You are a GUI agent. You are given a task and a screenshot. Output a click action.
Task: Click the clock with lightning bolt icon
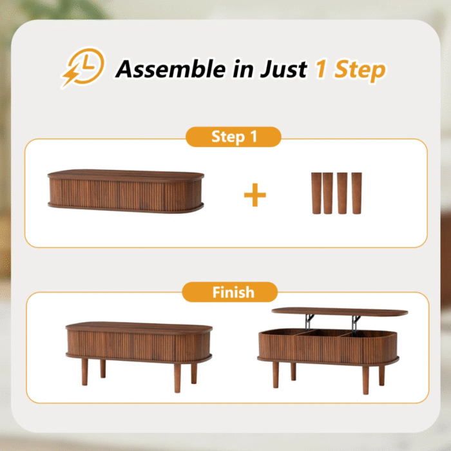pos(83,67)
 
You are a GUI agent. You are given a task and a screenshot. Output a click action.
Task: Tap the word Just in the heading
pos(283,69)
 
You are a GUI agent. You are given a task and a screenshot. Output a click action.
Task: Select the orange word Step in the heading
pos(360,70)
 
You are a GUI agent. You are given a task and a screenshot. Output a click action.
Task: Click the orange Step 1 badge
pos(233,137)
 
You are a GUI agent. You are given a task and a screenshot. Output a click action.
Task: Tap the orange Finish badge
pos(230,292)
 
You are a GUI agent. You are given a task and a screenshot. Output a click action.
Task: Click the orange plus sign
pos(255,195)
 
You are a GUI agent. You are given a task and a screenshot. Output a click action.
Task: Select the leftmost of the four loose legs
pos(316,193)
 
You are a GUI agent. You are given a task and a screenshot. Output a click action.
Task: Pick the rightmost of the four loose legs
pos(357,193)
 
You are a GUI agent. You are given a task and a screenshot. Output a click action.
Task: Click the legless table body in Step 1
pos(126,191)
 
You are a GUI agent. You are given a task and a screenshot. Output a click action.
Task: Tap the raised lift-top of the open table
pos(340,312)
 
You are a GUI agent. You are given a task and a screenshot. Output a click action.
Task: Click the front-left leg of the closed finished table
pos(84,372)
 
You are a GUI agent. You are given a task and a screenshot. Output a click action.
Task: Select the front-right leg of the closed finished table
pos(177,378)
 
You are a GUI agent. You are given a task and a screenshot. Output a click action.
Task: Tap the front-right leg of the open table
pos(365,379)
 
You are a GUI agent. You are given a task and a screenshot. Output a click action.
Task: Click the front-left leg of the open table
pos(276,375)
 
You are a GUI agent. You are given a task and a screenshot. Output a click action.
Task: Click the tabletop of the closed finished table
pos(139,328)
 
